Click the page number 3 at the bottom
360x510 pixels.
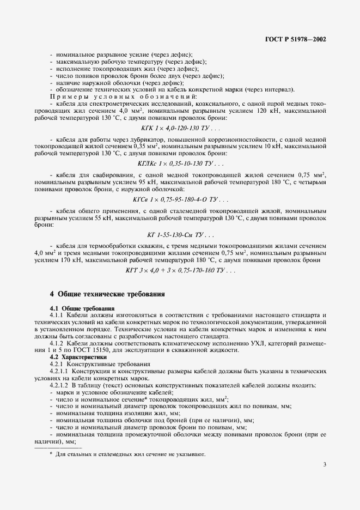pos(325,464)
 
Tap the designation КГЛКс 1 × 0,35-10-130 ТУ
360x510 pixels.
pos(180,163)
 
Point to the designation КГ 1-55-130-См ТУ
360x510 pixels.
pos(180,235)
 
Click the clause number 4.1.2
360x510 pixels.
pos(58,344)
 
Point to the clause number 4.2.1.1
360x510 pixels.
pos(60,371)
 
